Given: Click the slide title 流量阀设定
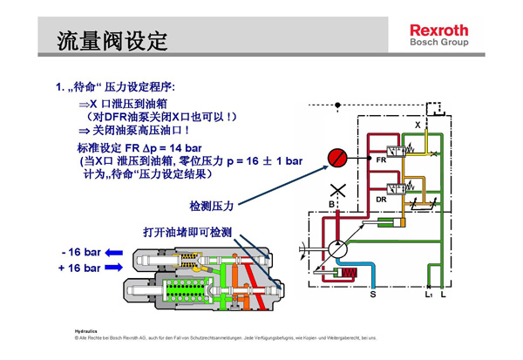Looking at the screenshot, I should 111,40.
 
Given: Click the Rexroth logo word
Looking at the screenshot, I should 438,30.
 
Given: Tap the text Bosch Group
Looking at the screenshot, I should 439,43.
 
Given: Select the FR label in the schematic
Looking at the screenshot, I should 381,160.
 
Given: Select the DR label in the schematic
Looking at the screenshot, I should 381,200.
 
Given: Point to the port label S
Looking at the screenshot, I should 373,296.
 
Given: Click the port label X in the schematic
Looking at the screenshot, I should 417,126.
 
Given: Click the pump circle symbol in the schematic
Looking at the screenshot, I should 336,249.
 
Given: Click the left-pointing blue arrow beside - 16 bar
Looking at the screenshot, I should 115,252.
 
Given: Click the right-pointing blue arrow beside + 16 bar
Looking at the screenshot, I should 115,268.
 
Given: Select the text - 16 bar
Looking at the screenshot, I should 81,252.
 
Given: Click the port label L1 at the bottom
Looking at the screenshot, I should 428,296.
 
